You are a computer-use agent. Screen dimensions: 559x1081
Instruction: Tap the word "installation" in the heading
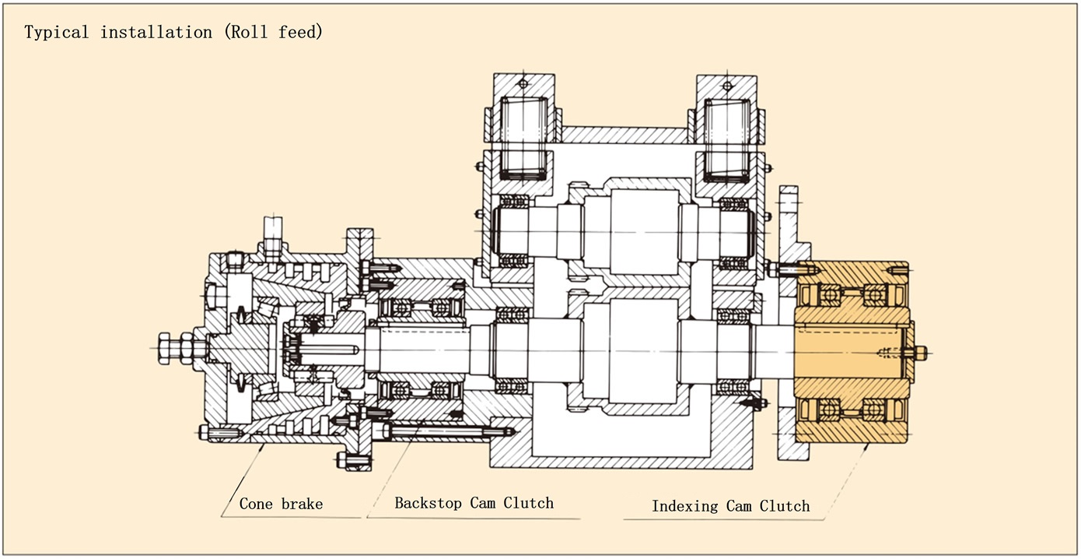tap(156, 33)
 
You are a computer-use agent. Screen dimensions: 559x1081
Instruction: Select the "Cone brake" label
tap(281, 504)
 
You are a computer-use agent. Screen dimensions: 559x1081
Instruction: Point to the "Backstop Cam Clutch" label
tap(474, 503)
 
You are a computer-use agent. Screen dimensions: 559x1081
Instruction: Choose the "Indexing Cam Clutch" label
tap(730, 506)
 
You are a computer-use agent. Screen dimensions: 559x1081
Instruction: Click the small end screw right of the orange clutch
tap(918, 353)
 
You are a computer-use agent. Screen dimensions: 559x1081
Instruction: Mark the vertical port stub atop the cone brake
tap(274, 234)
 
